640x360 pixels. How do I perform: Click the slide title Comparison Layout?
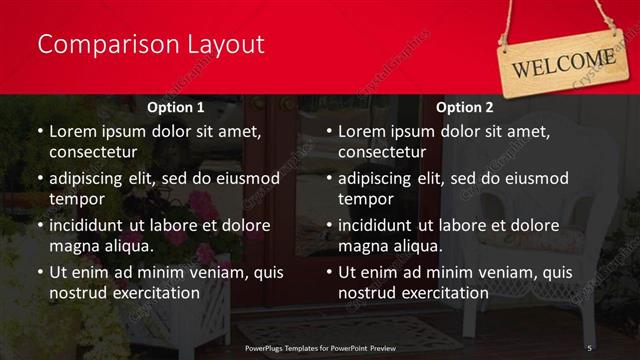pos(150,45)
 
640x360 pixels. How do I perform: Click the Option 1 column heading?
pos(176,107)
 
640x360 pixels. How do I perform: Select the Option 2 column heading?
pos(465,107)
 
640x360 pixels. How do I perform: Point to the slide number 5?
pos(590,347)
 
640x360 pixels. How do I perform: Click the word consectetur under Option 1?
pos(92,153)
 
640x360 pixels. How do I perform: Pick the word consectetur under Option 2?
pos(381,153)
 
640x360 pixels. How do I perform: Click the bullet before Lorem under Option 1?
pos(39,132)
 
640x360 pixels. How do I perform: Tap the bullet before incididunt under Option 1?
pos(39,226)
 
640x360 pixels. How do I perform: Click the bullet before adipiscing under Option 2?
pos(328,179)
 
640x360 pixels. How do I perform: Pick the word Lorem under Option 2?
pos(362,131)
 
